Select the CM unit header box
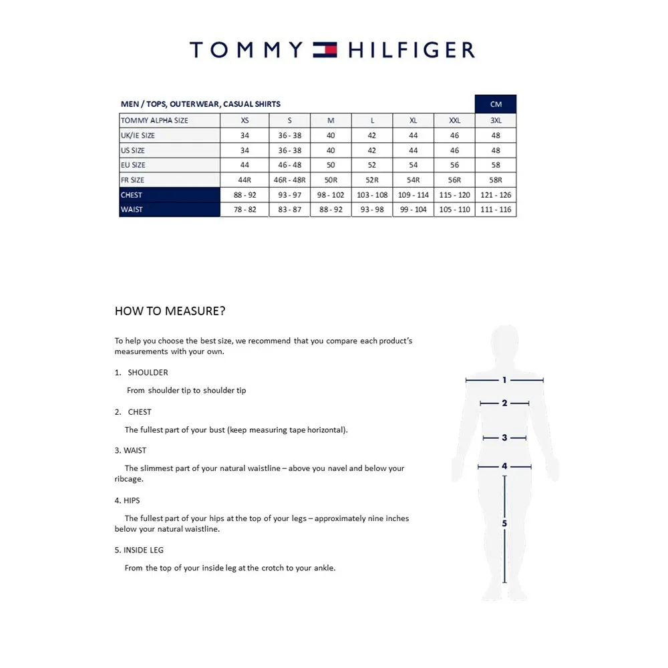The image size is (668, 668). click(495, 104)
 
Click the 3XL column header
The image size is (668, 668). click(495, 120)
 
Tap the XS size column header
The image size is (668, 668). click(244, 120)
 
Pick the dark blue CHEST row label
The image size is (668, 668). click(170, 195)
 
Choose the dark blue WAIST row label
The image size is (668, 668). click(170, 210)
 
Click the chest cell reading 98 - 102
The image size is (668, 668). click(331, 195)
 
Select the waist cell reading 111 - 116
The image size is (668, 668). click(495, 210)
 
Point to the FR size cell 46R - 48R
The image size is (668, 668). click(289, 180)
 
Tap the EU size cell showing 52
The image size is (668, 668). click(372, 165)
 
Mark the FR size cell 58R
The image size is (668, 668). click(495, 180)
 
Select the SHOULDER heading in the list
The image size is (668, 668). click(148, 372)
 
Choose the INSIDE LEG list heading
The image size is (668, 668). click(143, 550)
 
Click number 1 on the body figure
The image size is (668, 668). click(504, 380)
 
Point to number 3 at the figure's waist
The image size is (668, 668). click(504, 438)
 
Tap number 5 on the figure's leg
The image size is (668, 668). click(504, 524)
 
